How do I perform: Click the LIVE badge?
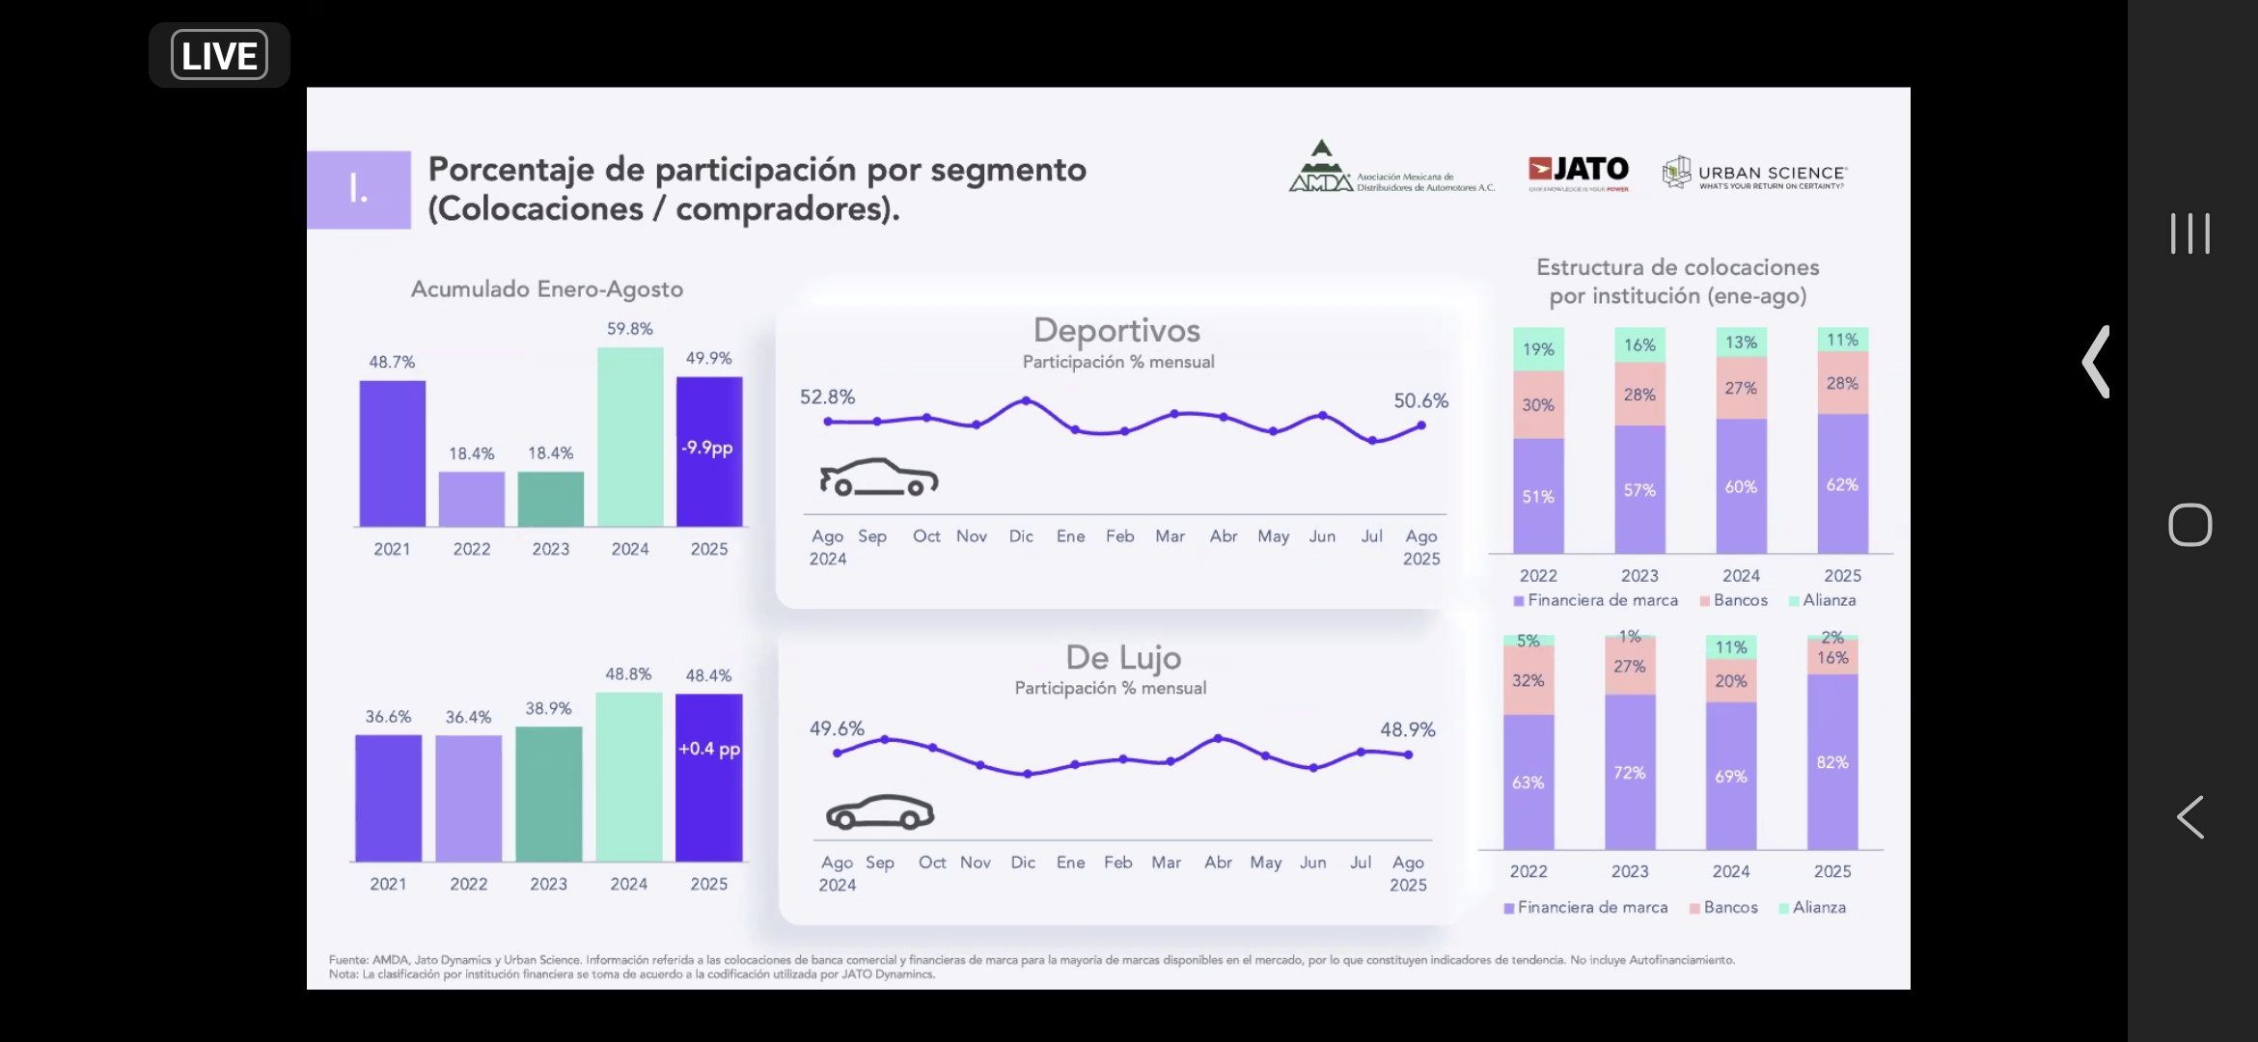[x=219, y=55]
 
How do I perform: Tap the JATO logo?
[x=1579, y=172]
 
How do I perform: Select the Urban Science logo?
[x=1754, y=174]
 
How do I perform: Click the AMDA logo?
[x=1390, y=170]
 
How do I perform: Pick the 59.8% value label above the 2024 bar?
[x=629, y=329]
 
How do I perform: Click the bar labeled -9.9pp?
[x=709, y=451]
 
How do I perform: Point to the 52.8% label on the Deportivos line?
[x=827, y=397]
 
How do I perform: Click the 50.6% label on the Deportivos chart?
[x=1420, y=400]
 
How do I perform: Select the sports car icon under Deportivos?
[x=878, y=478]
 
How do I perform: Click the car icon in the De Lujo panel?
[x=880, y=812]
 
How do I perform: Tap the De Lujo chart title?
[x=1123, y=658]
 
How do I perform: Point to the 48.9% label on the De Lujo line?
[x=1407, y=729]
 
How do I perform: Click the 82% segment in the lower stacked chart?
[x=1831, y=762]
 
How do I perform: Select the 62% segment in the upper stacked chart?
[x=1841, y=484]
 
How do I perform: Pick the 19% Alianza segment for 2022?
[x=1538, y=349]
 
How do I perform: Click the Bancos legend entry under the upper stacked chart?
[x=1734, y=600]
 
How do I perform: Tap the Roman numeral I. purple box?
[x=359, y=189]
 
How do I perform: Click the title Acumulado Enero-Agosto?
[x=547, y=288]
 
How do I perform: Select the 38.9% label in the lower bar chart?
[x=548, y=708]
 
